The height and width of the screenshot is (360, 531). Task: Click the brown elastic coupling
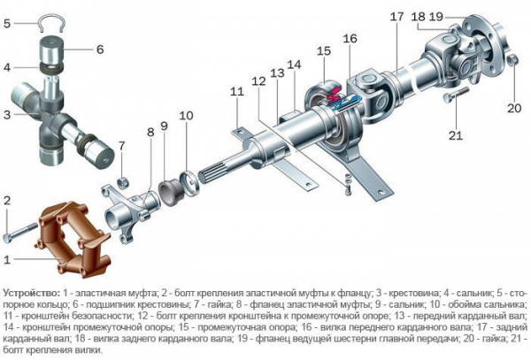click(74, 240)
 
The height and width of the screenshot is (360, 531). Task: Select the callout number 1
click(8, 259)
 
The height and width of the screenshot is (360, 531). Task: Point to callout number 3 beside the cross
click(8, 113)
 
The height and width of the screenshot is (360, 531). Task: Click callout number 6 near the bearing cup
click(100, 49)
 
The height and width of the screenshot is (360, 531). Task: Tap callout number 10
click(185, 117)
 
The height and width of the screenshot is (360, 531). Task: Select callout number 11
click(235, 92)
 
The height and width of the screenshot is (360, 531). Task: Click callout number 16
click(350, 39)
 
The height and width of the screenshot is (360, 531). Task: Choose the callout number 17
click(396, 17)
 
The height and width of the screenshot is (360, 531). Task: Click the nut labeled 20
click(514, 59)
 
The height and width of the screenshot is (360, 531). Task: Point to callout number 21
click(456, 134)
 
